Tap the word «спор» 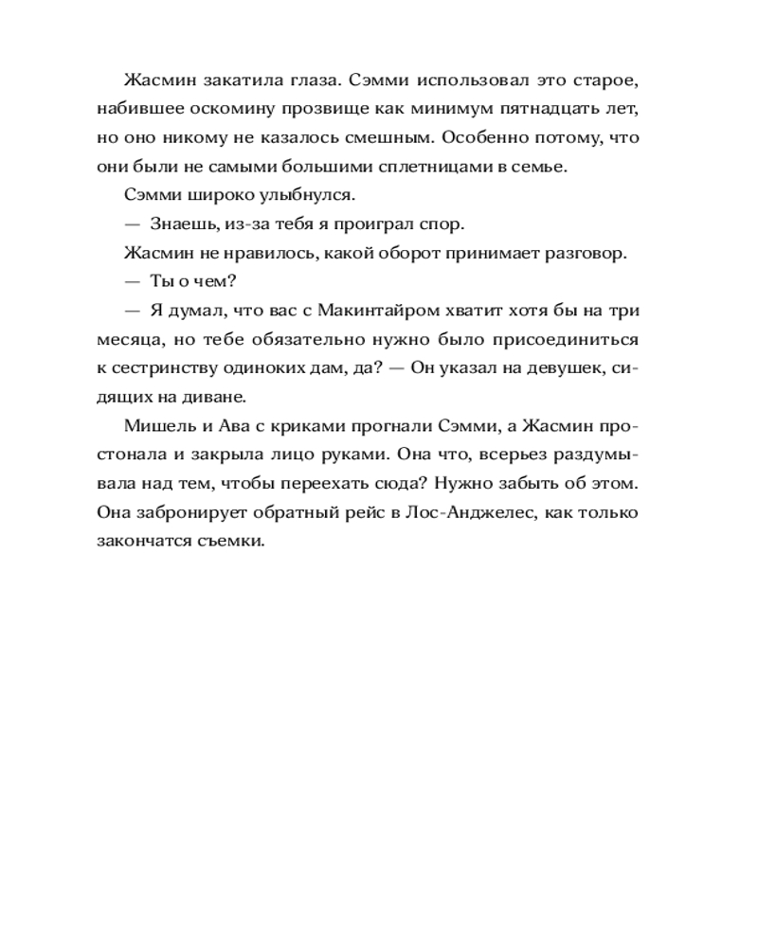[x=443, y=225]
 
